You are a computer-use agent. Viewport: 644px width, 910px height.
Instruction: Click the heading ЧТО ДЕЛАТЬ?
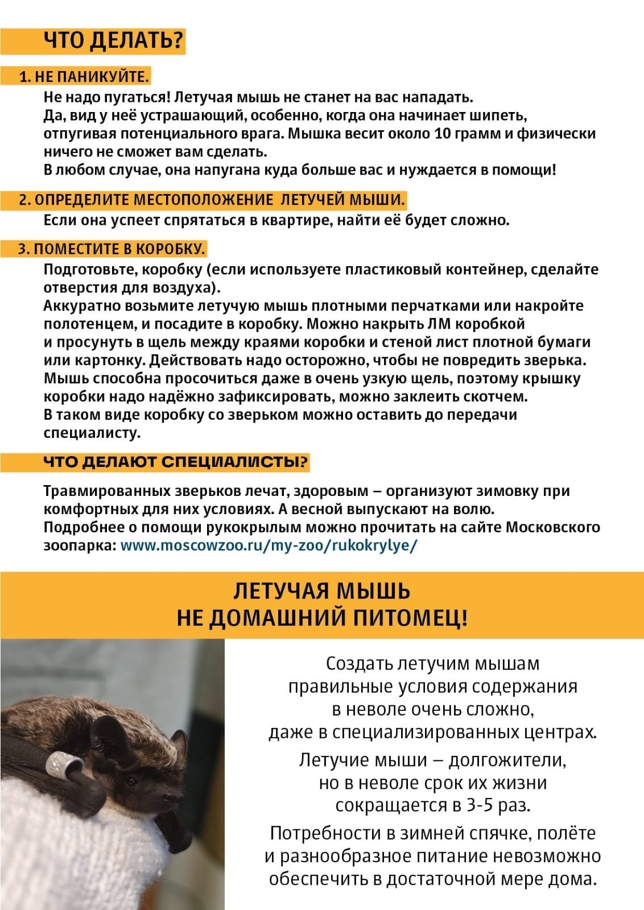click(x=114, y=40)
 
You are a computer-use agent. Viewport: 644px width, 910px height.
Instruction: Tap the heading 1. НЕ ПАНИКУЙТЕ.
click(x=84, y=76)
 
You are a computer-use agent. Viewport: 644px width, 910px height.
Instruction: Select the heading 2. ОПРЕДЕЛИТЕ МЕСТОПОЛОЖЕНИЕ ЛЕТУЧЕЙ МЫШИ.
click(x=212, y=200)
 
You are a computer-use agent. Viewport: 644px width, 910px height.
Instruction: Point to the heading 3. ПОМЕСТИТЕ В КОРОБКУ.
click(x=111, y=249)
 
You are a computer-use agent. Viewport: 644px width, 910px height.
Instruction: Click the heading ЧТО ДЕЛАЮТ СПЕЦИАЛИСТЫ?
click(x=176, y=461)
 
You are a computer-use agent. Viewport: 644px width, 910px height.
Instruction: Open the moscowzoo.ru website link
click(x=269, y=545)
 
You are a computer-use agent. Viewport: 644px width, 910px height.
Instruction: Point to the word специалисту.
click(x=92, y=433)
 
